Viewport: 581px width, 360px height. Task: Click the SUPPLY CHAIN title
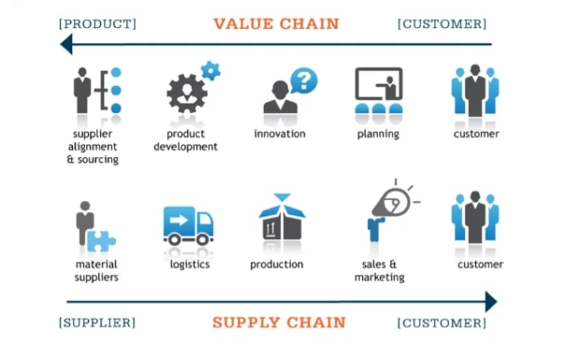click(x=279, y=323)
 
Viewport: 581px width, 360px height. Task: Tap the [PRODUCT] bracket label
click(x=96, y=23)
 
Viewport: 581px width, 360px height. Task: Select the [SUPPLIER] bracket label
click(x=96, y=324)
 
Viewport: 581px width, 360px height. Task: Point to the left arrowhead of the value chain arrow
click(x=66, y=44)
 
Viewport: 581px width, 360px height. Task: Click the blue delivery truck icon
click(x=188, y=225)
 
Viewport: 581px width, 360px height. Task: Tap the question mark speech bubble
click(x=303, y=80)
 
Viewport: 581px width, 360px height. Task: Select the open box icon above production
click(x=282, y=220)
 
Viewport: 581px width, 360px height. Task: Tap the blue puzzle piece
click(x=100, y=240)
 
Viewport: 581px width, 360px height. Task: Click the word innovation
click(x=280, y=134)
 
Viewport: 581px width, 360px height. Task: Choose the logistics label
click(x=189, y=265)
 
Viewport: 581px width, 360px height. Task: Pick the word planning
click(x=378, y=134)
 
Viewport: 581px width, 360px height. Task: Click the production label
click(x=277, y=265)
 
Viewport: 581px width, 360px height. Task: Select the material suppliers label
click(x=96, y=270)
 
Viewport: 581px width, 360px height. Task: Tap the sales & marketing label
click(x=379, y=270)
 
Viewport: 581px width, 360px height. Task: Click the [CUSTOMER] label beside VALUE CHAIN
click(x=442, y=23)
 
